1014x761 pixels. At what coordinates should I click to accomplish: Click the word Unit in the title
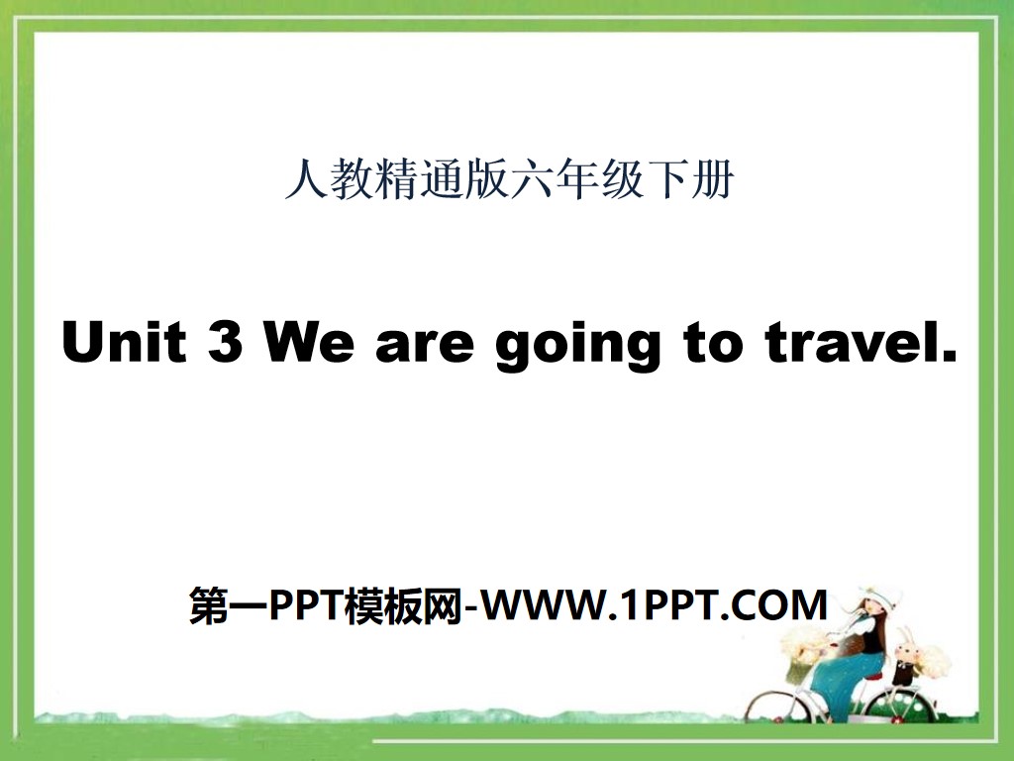coord(124,343)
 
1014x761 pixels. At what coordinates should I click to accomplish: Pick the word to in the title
coord(709,345)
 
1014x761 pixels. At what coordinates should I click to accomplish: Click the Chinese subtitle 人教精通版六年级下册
coord(508,181)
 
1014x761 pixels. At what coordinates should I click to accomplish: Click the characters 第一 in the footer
coord(221,604)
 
